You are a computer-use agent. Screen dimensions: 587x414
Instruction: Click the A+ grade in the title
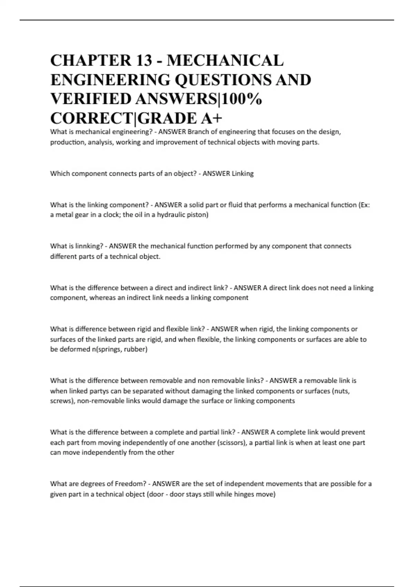[x=211, y=118]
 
